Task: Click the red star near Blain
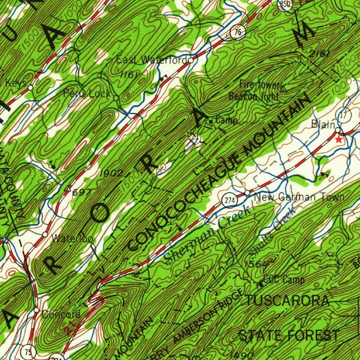[339, 140]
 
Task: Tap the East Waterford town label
[152, 60]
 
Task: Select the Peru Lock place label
[87, 94]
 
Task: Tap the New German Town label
[299, 197]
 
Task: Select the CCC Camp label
[284, 280]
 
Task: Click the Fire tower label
[259, 84]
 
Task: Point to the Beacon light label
[253, 96]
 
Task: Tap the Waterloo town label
[72, 239]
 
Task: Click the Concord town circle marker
[37, 310]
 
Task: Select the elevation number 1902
[111, 173]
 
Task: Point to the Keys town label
[16, 83]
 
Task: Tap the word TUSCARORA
[288, 301]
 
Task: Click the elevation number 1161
[128, 75]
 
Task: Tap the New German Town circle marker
[247, 193]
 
